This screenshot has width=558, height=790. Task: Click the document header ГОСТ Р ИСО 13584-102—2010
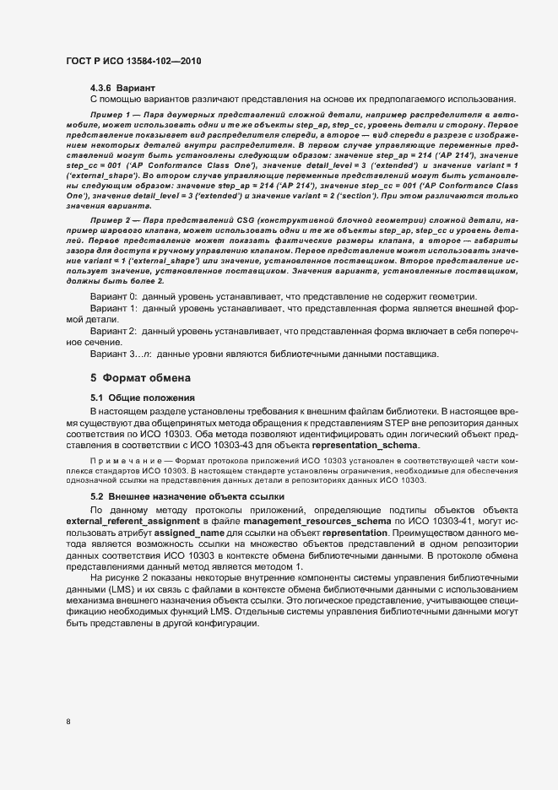coord(133,62)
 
